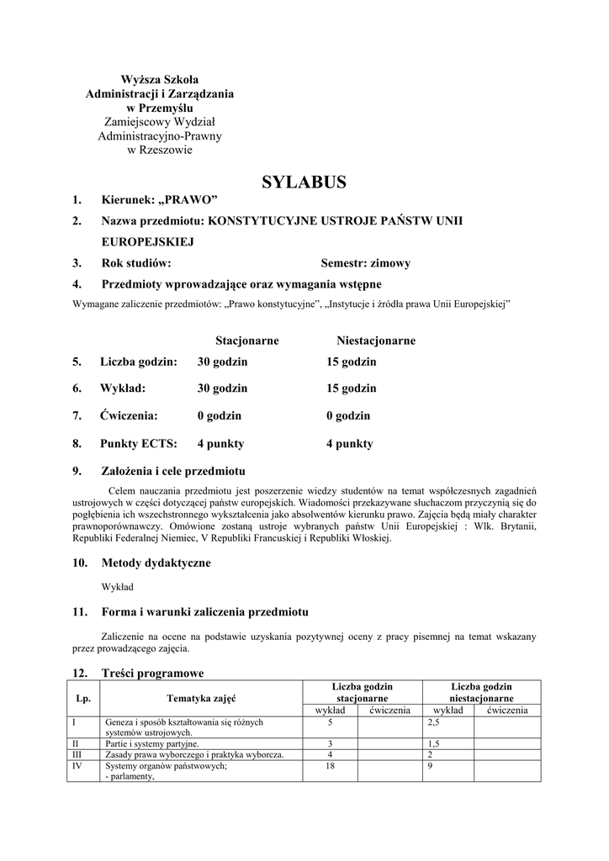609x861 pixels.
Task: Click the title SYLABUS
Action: (x=304, y=182)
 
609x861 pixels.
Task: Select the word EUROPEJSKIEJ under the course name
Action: (x=148, y=241)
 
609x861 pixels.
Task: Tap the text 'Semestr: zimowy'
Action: (x=366, y=263)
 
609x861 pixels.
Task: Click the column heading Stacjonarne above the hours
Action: (x=247, y=341)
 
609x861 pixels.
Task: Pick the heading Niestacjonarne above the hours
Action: (x=376, y=341)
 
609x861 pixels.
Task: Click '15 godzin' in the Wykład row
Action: (x=352, y=388)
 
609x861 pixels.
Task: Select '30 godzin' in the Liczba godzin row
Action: (x=223, y=362)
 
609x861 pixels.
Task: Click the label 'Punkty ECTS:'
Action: (x=138, y=443)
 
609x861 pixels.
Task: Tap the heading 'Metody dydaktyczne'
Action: (x=156, y=563)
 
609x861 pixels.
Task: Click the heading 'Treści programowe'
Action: (x=152, y=673)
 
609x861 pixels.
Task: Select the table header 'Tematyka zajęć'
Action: (x=201, y=698)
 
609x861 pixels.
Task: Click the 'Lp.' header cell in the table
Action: (x=83, y=698)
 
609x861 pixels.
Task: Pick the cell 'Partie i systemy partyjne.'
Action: (x=152, y=744)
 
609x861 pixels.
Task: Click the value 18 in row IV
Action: (x=330, y=766)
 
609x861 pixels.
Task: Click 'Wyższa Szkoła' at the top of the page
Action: (x=160, y=79)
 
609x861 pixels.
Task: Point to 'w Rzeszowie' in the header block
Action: (x=160, y=151)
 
